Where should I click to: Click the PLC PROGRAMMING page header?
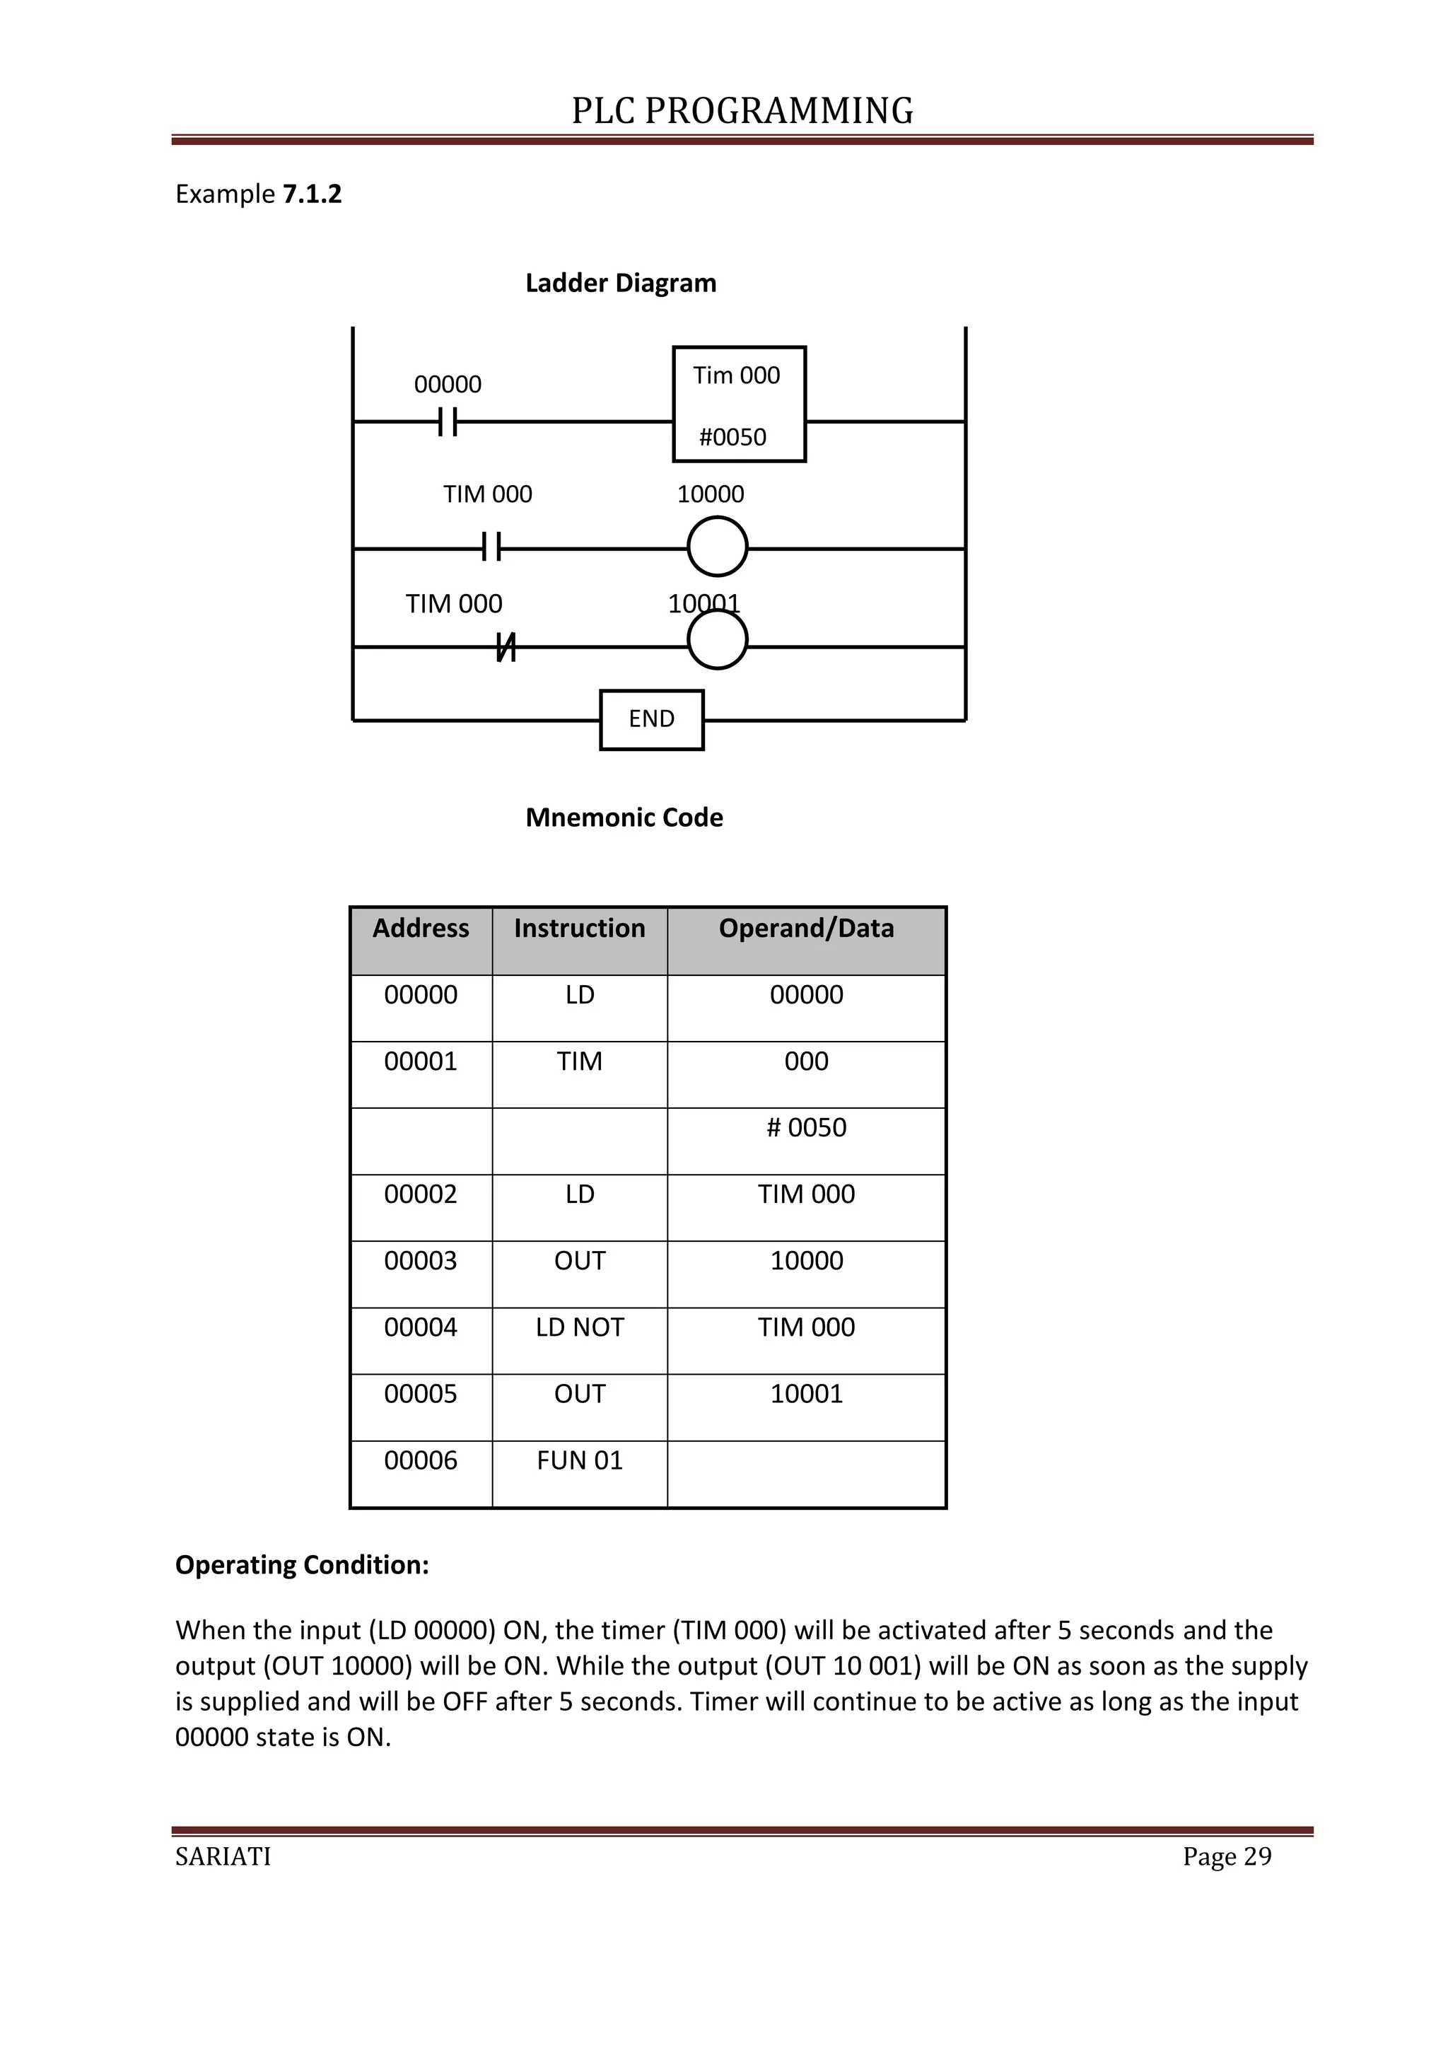click(x=742, y=110)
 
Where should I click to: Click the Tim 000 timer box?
click(x=738, y=403)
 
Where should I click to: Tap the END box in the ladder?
click(x=651, y=719)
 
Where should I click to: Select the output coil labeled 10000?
click(x=717, y=547)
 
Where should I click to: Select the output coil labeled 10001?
click(x=717, y=641)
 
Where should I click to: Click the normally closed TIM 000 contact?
click(x=506, y=648)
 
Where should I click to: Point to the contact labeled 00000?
click(x=448, y=421)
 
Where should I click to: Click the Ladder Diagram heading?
click(x=621, y=283)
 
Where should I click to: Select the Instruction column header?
click(x=580, y=929)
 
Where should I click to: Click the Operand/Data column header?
click(x=806, y=929)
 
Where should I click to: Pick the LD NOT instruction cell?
click(x=580, y=1327)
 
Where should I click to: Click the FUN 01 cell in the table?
click(x=580, y=1460)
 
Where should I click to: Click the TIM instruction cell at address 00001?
click(x=580, y=1061)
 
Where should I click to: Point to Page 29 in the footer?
click(x=1226, y=1856)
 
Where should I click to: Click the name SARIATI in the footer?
click(x=223, y=1856)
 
